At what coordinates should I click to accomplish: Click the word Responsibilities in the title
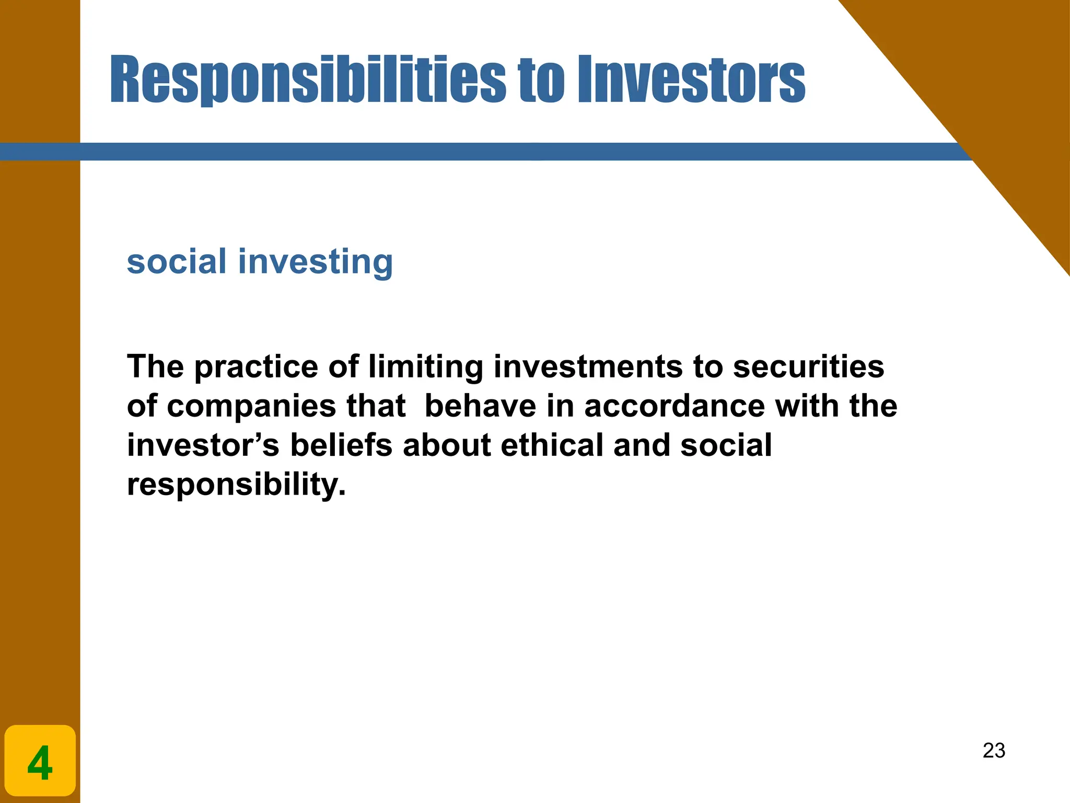tap(307, 79)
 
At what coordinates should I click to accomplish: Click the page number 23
tap(994, 751)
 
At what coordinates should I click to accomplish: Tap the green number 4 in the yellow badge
tap(40, 763)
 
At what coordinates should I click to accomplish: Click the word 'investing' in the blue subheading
tap(315, 262)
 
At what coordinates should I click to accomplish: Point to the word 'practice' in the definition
tap(257, 367)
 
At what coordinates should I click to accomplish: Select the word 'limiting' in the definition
tap(425, 367)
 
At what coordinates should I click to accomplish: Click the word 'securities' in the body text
tap(808, 366)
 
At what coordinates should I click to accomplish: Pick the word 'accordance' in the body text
tap(674, 406)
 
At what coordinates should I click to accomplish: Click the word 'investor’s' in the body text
tap(203, 445)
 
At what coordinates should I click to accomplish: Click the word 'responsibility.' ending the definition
tap(236, 485)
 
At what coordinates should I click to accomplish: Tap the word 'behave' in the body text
tap(480, 406)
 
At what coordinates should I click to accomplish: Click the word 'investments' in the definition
tap(588, 366)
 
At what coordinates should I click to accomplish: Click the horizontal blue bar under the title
tap(470, 152)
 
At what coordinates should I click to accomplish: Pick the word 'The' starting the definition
tap(155, 366)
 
